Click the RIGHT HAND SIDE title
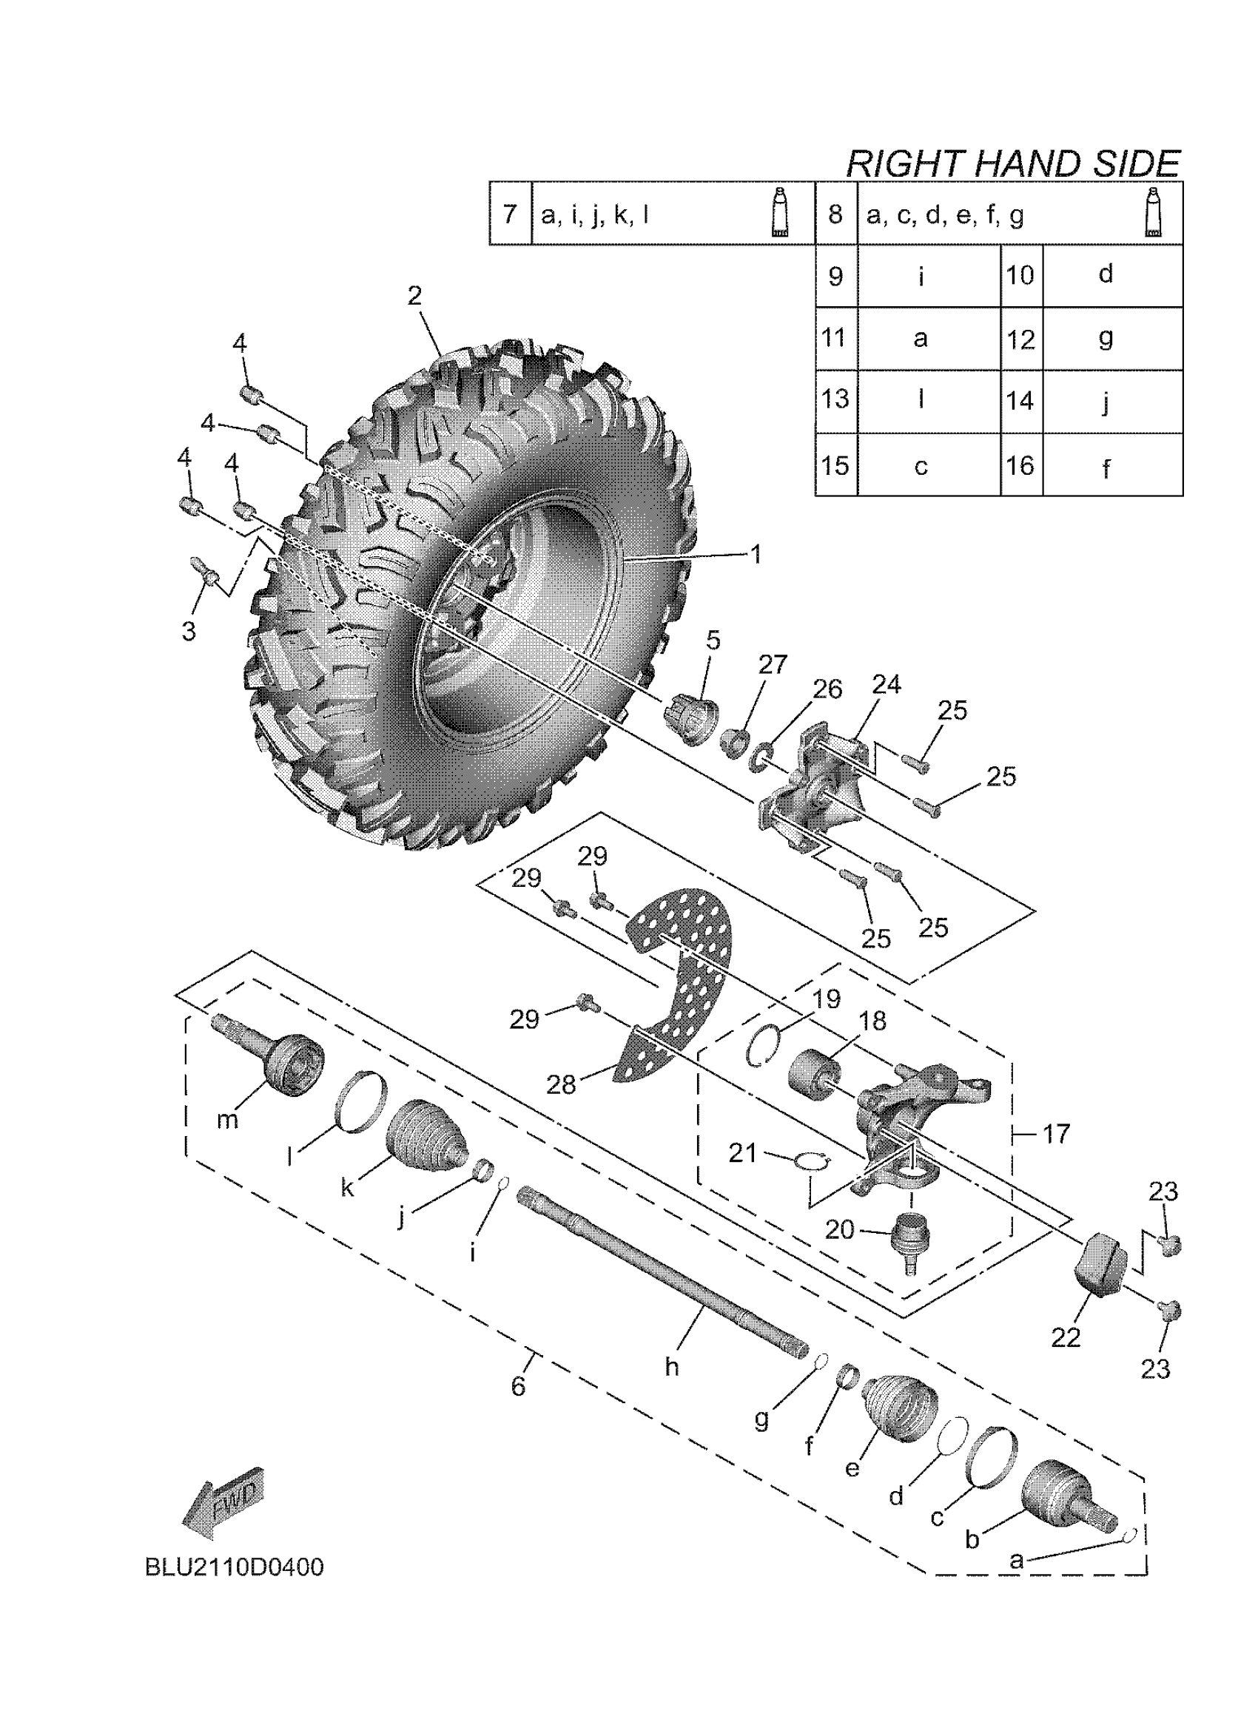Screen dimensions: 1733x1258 point(1012,164)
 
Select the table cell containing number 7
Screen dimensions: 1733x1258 point(510,213)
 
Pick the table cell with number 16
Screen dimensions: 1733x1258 point(1021,465)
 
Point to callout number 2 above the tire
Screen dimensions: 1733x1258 point(414,297)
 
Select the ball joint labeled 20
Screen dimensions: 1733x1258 point(908,1238)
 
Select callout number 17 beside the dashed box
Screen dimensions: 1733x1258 point(1056,1134)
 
